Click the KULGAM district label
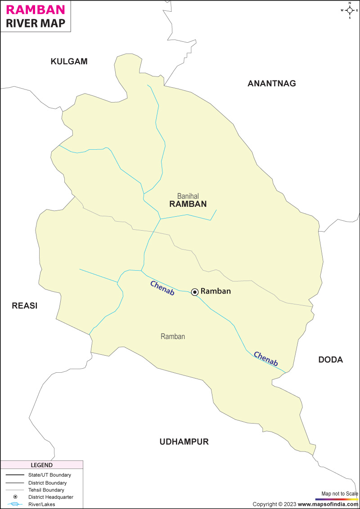tap(69, 62)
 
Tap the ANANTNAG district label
tap(272, 83)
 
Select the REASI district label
tap(24, 306)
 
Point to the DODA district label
tap(330, 360)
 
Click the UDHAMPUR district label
tap(184, 442)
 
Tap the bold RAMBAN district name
tap(188, 204)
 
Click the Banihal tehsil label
tap(188, 196)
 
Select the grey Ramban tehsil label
tap(173, 336)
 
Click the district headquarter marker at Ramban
tap(195, 292)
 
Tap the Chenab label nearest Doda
tap(265, 358)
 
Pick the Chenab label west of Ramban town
tap(162, 288)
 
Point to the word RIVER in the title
tap(22, 24)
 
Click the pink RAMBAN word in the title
tap(34, 9)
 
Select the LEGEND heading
tap(41, 465)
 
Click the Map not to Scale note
tap(337, 494)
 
